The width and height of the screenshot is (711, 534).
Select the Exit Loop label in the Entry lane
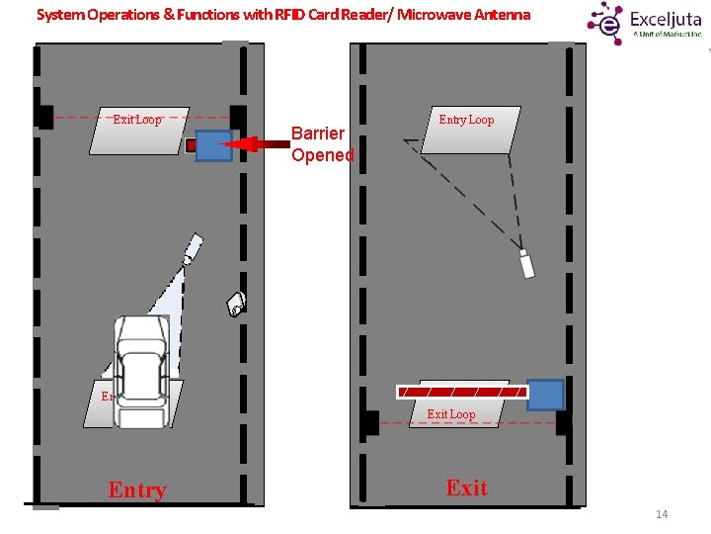point(137,120)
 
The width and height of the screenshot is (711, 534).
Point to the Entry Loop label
point(466,120)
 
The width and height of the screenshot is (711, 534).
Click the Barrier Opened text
point(321,143)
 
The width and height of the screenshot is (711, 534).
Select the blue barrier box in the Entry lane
point(213,145)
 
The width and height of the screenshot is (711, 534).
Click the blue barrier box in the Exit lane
point(545,395)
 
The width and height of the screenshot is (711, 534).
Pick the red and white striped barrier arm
point(461,392)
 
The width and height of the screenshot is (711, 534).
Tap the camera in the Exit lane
point(526,264)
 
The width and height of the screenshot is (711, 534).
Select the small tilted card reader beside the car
point(236,303)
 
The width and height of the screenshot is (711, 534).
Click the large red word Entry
point(137,490)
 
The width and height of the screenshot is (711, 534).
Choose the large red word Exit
point(466,488)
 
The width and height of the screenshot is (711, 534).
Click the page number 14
point(662,514)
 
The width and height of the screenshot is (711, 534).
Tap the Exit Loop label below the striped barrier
point(450,414)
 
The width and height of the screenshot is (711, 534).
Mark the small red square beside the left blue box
point(191,146)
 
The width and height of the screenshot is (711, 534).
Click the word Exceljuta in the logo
point(666,19)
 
